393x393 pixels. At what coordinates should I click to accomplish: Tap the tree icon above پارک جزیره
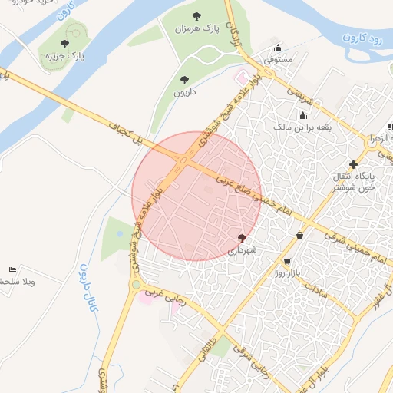pos(64,43)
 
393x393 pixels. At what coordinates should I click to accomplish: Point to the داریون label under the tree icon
pos(183,91)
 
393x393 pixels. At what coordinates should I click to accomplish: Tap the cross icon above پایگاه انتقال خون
pos(353,164)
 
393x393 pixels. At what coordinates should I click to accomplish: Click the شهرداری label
pos(243,249)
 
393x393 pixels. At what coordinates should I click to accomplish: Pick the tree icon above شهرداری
pos(243,238)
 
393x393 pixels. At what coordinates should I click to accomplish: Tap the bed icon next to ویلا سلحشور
pos(12,270)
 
